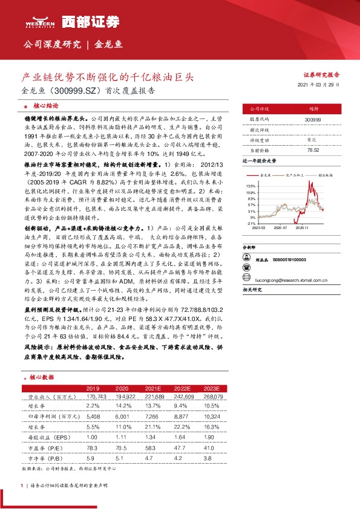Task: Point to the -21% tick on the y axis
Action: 250,223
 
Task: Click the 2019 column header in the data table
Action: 93,388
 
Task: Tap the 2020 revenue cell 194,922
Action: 123,397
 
